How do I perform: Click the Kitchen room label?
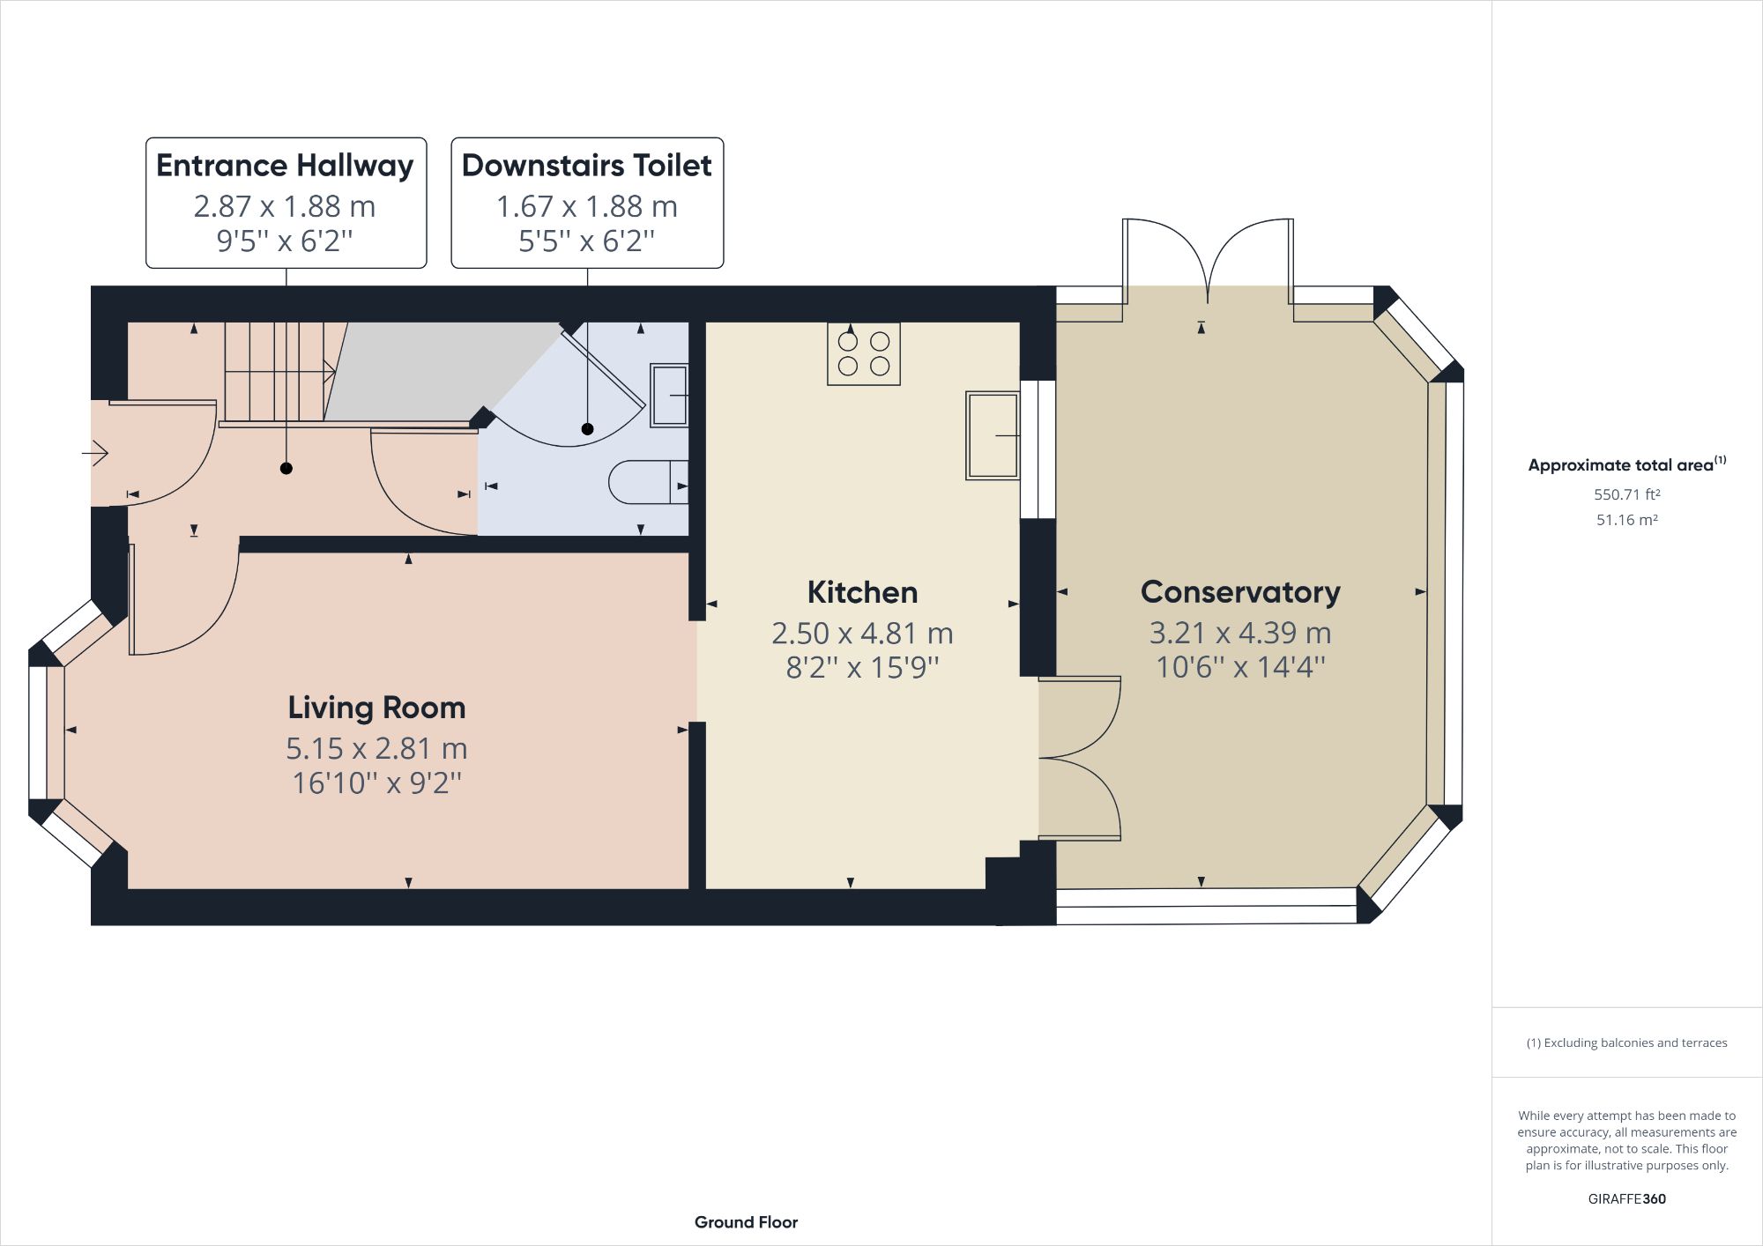[x=862, y=592]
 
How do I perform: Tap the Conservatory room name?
[x=1239, y=592]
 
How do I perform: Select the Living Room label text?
[x=376, y=708]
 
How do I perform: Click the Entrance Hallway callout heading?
[x=285, y=166]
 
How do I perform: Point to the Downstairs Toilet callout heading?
[x=586, y=166]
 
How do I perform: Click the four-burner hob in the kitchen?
[x=863, y=353]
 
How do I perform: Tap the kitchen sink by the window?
[x=993, y=435]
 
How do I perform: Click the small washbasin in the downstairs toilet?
[x=669, y=396]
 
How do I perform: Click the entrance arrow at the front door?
[x=95, y=453]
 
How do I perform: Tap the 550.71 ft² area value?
[x=1626, y=494]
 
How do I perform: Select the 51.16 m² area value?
[x=1626, y=520]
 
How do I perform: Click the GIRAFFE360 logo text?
[x=1626, y=1198]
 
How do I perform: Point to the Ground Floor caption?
[x=746, y=1222]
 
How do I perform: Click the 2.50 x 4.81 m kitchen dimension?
[x=862, y=634]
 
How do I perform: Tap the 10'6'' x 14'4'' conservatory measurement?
[x=1239, y=667]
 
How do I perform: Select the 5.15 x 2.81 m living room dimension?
[x=376, y=749]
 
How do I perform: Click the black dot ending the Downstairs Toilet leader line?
[x=587, y=429]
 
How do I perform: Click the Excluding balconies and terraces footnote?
[x=1626, y=1042]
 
